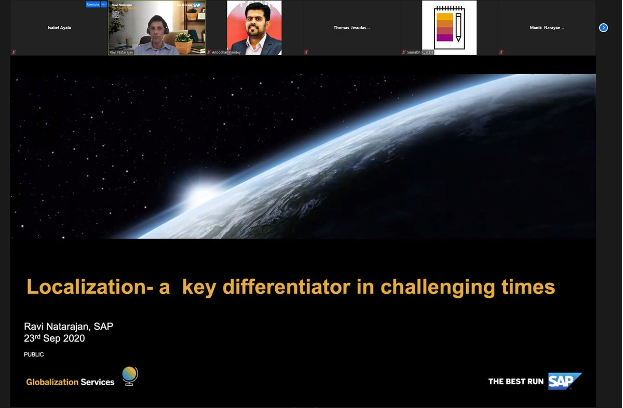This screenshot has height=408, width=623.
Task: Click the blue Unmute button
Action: [93, 4]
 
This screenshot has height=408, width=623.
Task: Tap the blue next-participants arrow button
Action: [603, 28]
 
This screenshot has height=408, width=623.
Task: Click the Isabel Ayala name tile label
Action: [59, 28]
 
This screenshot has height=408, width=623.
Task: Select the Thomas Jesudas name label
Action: [351, 28]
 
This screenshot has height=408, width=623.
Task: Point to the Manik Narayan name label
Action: [546, 28]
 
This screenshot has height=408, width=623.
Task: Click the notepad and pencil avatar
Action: [449, 28]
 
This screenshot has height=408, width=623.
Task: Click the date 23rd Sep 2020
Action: [54, 338]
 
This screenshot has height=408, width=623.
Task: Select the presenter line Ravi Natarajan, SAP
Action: [68, 327]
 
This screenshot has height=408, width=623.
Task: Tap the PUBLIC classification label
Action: [34, 355]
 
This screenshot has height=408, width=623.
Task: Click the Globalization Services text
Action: [70, 382]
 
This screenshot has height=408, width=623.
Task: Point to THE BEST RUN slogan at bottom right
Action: [516, 382]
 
